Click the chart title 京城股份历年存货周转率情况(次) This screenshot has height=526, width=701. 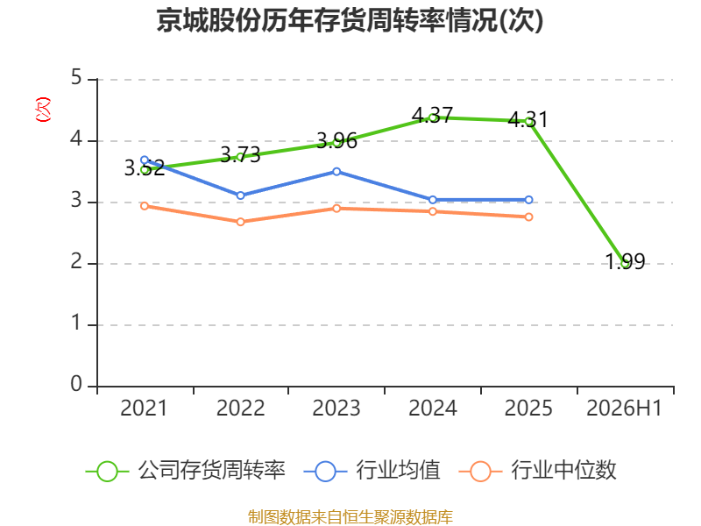click(x=350, y=20)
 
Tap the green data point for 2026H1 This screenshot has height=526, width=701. click(x=626, y=264)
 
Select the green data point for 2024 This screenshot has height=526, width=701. click(x=432, y=117)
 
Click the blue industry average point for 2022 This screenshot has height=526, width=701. click(x=240, y=195)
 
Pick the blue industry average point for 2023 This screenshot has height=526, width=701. click(x=336, y=172)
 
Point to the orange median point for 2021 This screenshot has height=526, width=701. click(x=145, y=206)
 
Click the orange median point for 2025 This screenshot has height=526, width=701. click(x=528, y=217)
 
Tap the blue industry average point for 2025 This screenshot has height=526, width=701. click(x=528, y=200)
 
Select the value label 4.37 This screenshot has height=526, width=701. click(x=432, y=115)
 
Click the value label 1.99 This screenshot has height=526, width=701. click(x=625, y=261)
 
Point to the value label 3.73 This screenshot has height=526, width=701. click(x=240, y=155)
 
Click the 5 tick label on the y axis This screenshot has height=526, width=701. click(x=76, y=78)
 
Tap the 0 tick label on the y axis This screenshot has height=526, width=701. click(x=76, y=384)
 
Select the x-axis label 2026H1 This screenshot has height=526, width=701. click(x=624, y=409)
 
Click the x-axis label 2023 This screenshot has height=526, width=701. click(x=336, y=409)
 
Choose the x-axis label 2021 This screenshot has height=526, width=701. click(x=144, y=409)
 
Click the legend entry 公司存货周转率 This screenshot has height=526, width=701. click(x=185, y=471)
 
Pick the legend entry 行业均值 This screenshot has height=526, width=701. click(x=372, y=471)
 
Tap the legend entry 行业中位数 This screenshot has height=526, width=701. click(x=538, y=471)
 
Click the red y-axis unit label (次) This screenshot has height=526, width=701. click(x=43, y=110)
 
